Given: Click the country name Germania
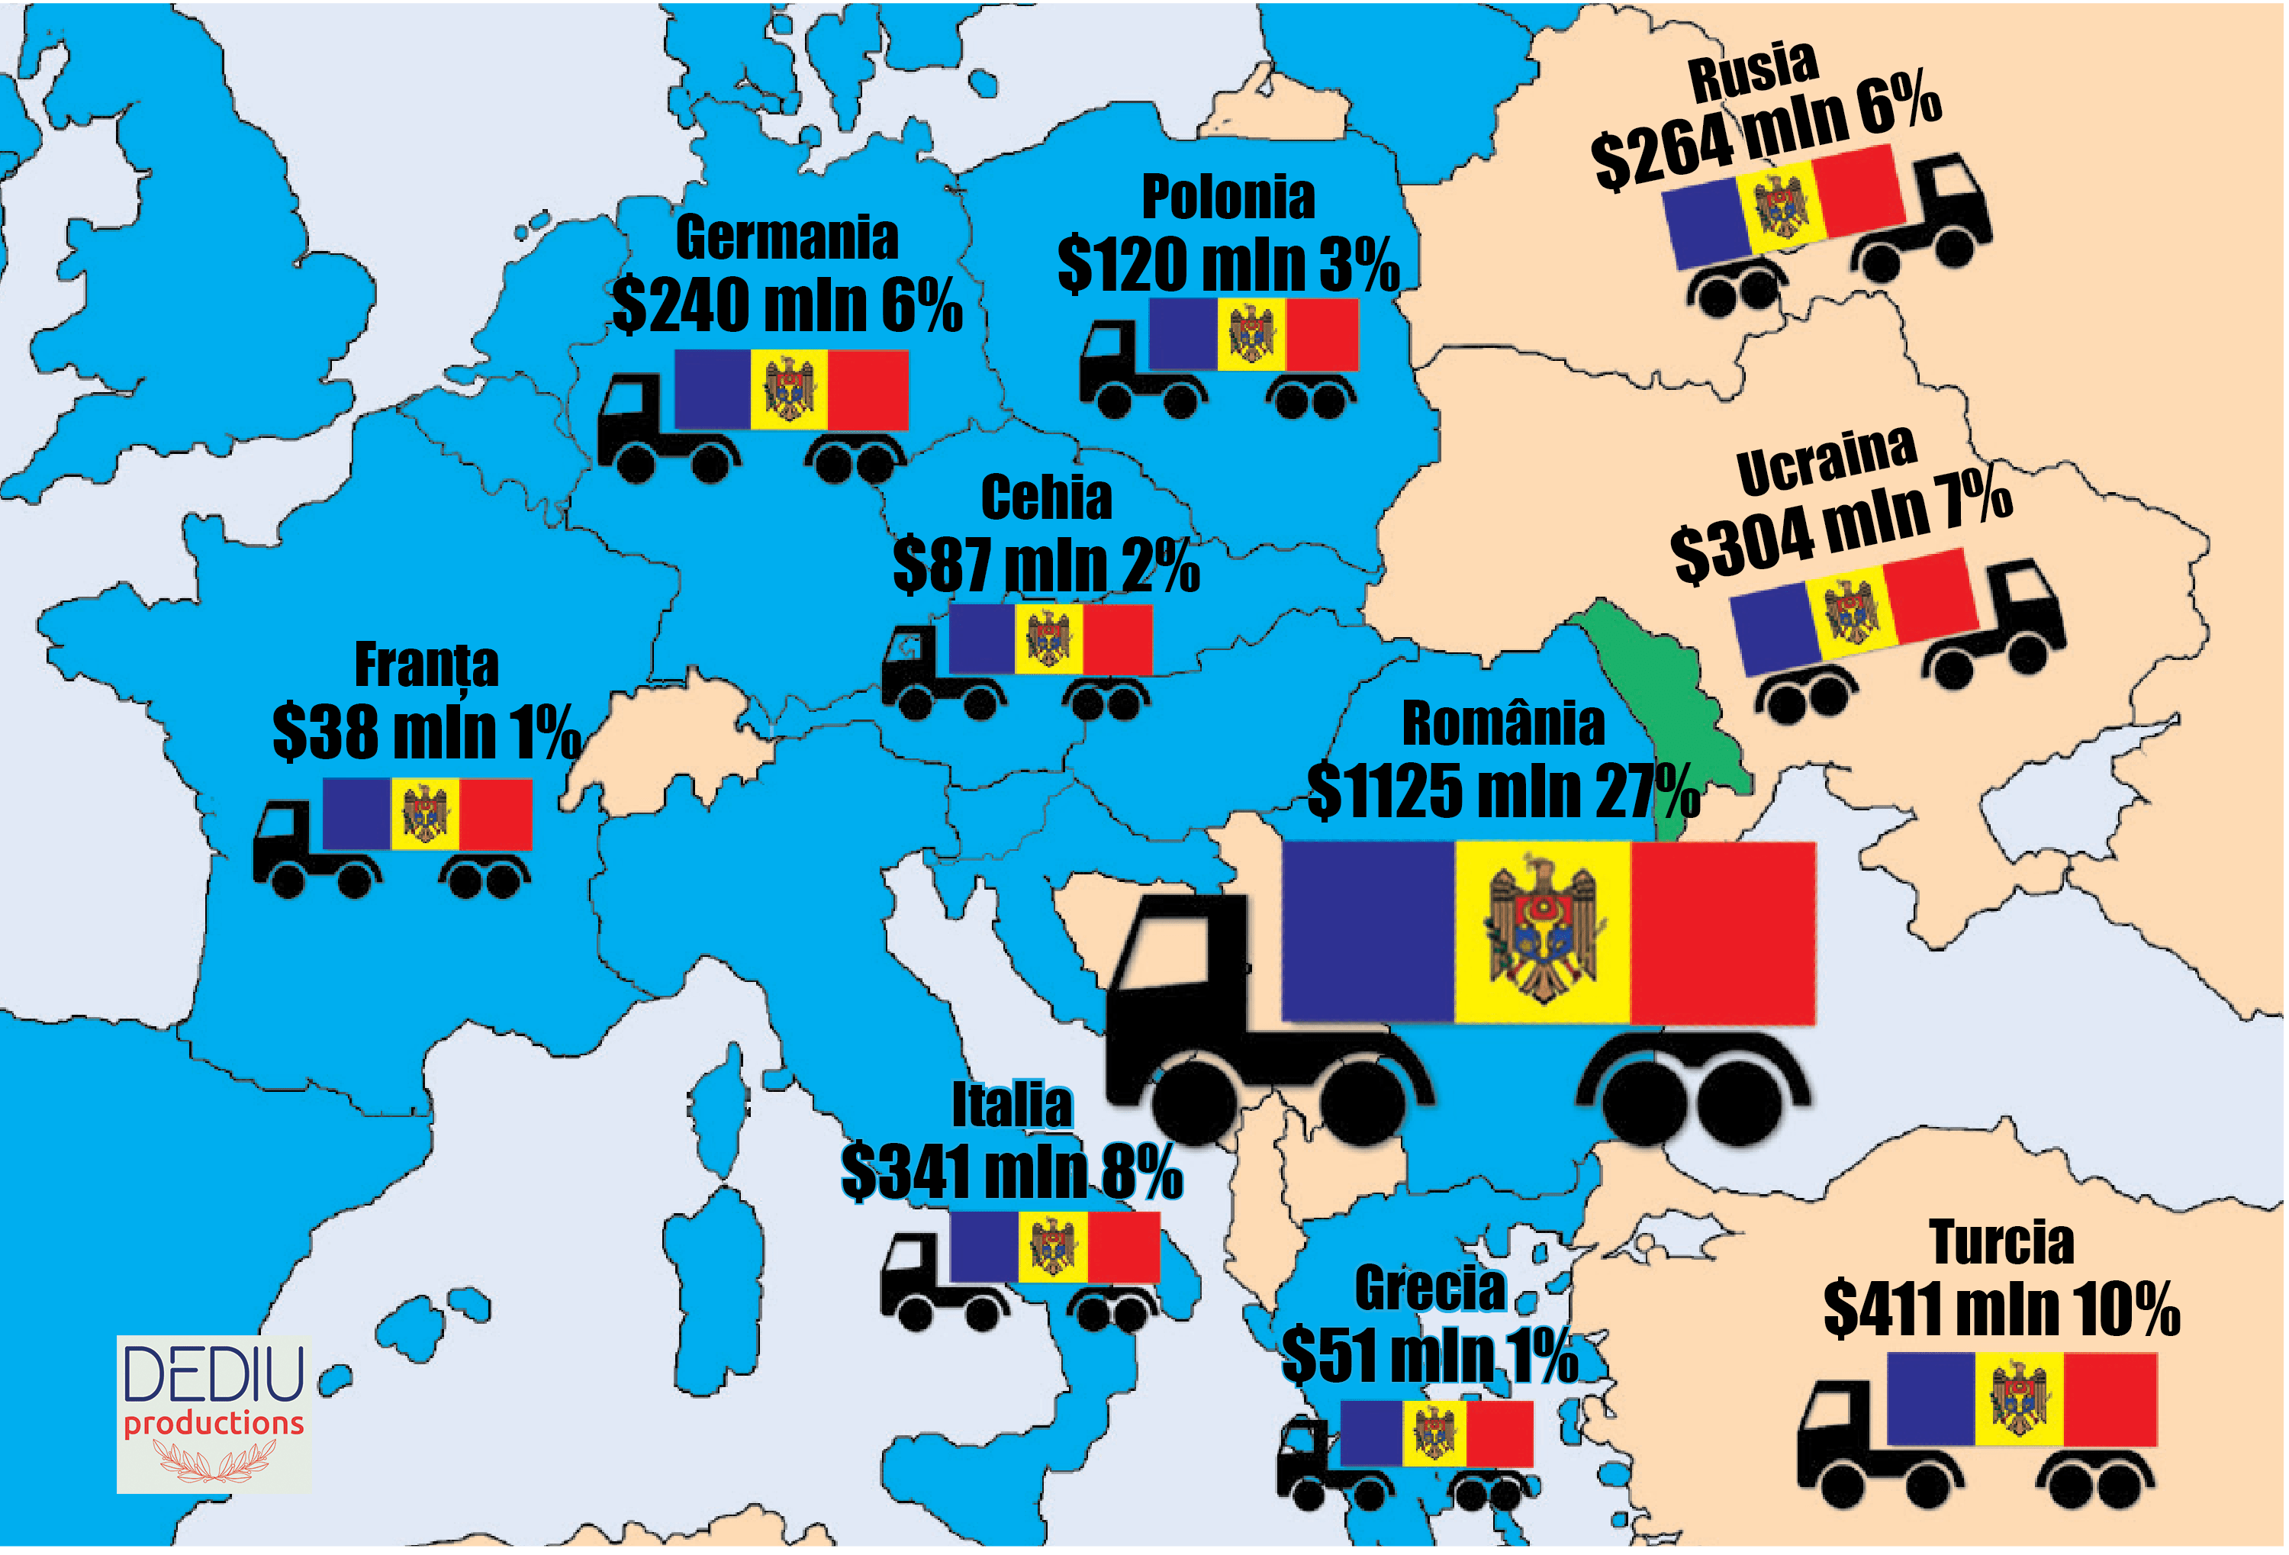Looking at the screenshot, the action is pos(787,238).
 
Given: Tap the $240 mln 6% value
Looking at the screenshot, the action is pos(787,305).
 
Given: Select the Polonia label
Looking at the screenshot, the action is pos(1228,198).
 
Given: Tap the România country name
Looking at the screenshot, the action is pos(1503,725).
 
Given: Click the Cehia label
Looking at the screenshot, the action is pos(1046,498).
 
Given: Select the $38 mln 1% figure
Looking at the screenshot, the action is pos(427,732).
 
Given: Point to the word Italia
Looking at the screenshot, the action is pos(1012,1106).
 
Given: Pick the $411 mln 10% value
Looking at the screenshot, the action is pos(2001,1310).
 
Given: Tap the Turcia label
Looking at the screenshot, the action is pos(2001,1243).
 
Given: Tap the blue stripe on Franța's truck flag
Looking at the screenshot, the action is pos(356,813).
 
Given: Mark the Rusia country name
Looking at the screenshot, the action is pos(1753,71).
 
